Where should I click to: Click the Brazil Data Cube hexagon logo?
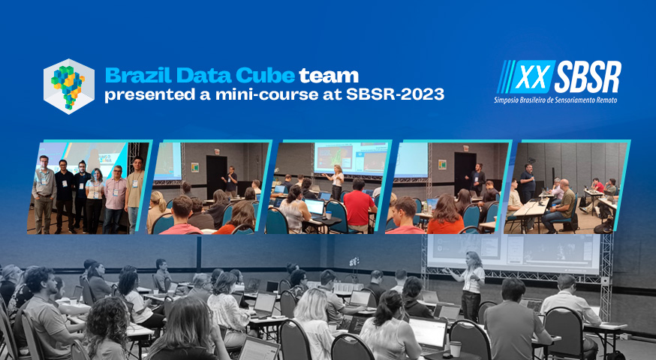tap(69, 86)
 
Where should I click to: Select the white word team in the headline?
tap(329, 76)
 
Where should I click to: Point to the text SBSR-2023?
tap(395, 94)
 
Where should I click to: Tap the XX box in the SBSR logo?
tap(531, 77)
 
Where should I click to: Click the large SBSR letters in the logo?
tap(589, 77)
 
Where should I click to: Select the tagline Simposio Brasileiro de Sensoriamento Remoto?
tap(555, 100)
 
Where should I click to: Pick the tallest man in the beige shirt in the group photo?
tap(135, 194)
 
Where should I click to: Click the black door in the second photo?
tap(216, 175)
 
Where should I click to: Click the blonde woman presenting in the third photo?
tap(337, 181)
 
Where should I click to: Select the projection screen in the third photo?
tap(351, 158)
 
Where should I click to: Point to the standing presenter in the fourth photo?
tap(477, 179)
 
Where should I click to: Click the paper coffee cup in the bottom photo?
tap(455, 349)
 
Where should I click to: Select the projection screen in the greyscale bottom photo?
tap(513, 253)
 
